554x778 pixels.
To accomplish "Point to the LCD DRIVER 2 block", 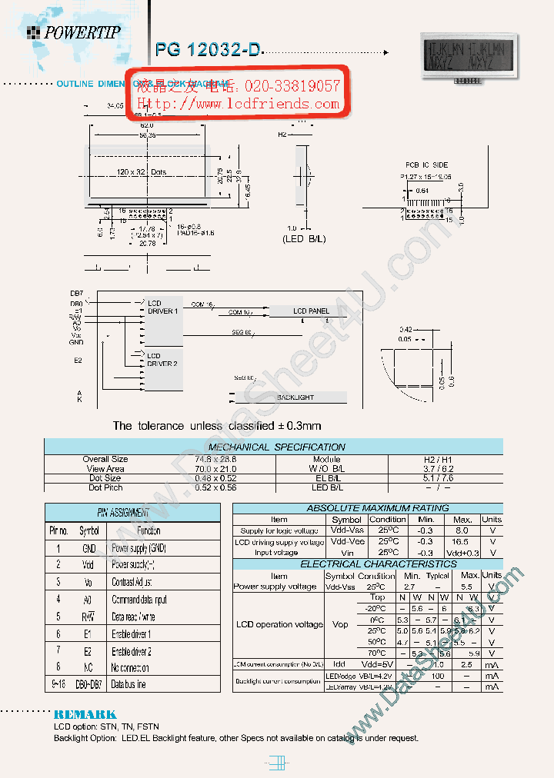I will [163, 359].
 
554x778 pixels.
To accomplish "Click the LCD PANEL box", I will [311, 311].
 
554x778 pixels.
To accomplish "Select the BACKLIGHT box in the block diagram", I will [295, 397].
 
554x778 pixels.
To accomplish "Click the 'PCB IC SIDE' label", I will [427, 165].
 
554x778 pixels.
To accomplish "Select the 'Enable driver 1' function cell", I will [132, 633].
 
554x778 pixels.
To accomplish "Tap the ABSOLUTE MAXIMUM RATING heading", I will [367, 508].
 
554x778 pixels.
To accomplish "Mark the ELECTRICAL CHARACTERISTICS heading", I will [367, 564].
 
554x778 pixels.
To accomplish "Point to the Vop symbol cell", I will [339, 624].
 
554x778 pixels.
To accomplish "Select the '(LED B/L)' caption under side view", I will [303, 239].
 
